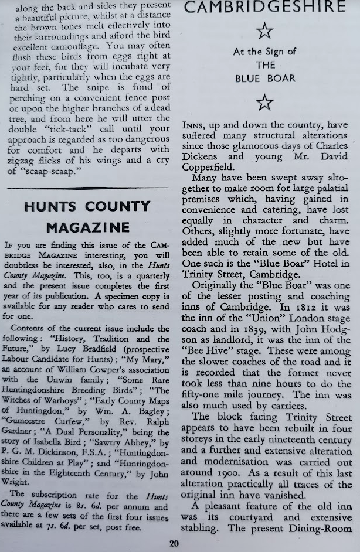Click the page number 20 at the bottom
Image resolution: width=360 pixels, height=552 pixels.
coord(174,543)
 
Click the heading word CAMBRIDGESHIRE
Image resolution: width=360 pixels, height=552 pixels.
coord(264,7)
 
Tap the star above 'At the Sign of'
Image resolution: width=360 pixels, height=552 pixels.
coord(264,30)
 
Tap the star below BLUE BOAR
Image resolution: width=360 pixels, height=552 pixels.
coord(264,103)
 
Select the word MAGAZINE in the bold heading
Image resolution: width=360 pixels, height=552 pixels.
coord(88,227)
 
